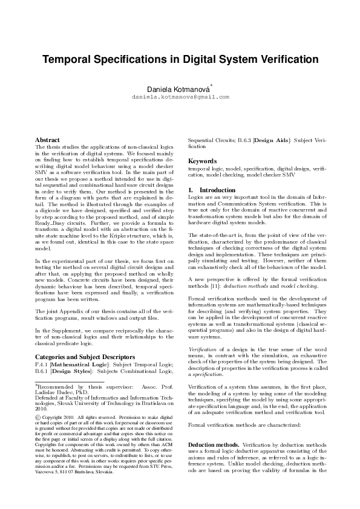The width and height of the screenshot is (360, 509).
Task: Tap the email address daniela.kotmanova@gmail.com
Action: tap(181, 97)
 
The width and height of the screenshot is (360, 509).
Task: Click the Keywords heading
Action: tap(203, 161)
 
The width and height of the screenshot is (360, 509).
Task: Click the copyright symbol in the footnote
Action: tap(39, 418)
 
